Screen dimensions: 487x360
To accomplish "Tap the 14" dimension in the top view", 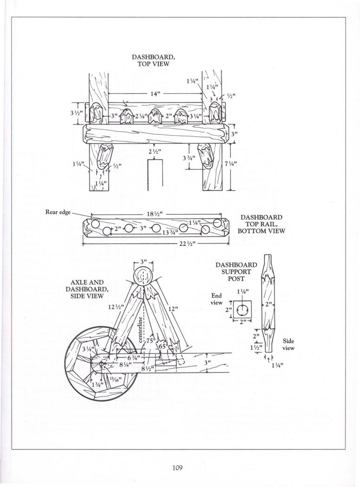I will [155, 93].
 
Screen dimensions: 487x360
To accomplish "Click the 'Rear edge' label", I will [58, 212].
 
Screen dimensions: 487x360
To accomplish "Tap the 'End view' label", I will [217, 298].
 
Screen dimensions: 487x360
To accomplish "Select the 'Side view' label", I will [289, 344].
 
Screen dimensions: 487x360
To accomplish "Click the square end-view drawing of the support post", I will [242, 309].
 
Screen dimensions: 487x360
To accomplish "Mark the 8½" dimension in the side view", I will [147, 369].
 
